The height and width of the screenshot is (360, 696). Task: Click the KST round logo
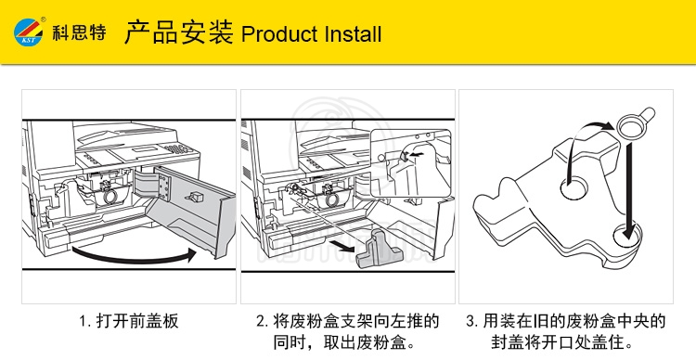(29, 32)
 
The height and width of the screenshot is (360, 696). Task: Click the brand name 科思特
(80, 32)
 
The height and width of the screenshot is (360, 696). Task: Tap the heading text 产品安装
(178, 32)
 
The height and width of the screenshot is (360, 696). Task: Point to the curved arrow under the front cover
(133, 257)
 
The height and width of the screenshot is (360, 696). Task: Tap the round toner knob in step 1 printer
(110, 197)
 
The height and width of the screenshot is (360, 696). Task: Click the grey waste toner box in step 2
(379, 250)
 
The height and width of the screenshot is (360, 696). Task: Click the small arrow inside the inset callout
(417, 155)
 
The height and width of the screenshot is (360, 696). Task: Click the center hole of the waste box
(574, 187)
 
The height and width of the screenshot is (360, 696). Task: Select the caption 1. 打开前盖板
(129, 321)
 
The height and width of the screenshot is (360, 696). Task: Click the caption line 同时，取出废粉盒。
(345, 342)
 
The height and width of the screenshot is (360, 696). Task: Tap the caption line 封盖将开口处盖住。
(562, 342)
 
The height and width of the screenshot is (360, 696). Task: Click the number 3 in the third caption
(470, 321)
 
